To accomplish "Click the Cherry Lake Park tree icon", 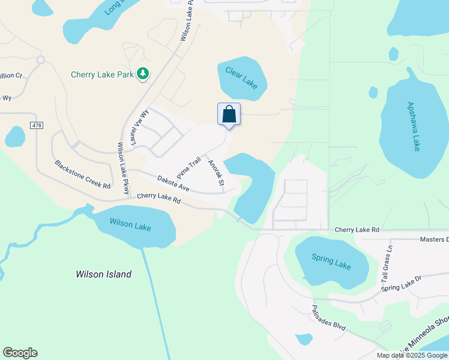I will click(143, 74).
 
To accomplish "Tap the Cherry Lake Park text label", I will click(103, 75).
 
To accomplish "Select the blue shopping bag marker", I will click(229, 114).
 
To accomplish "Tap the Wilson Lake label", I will click(130, 225).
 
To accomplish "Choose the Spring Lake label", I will click(331, 262).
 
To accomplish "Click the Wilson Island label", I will click(103, 275).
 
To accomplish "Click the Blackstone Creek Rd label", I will click(82, 175).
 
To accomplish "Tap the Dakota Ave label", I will click(173, 183).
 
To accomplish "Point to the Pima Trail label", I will click(188, 168).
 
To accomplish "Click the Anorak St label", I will click(215, 173).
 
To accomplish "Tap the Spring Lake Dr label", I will click(402, 284).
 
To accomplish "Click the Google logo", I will click(20, 353).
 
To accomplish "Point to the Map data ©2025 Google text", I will click(412, 355).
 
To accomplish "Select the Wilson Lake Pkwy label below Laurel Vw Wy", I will click(123, 169).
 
